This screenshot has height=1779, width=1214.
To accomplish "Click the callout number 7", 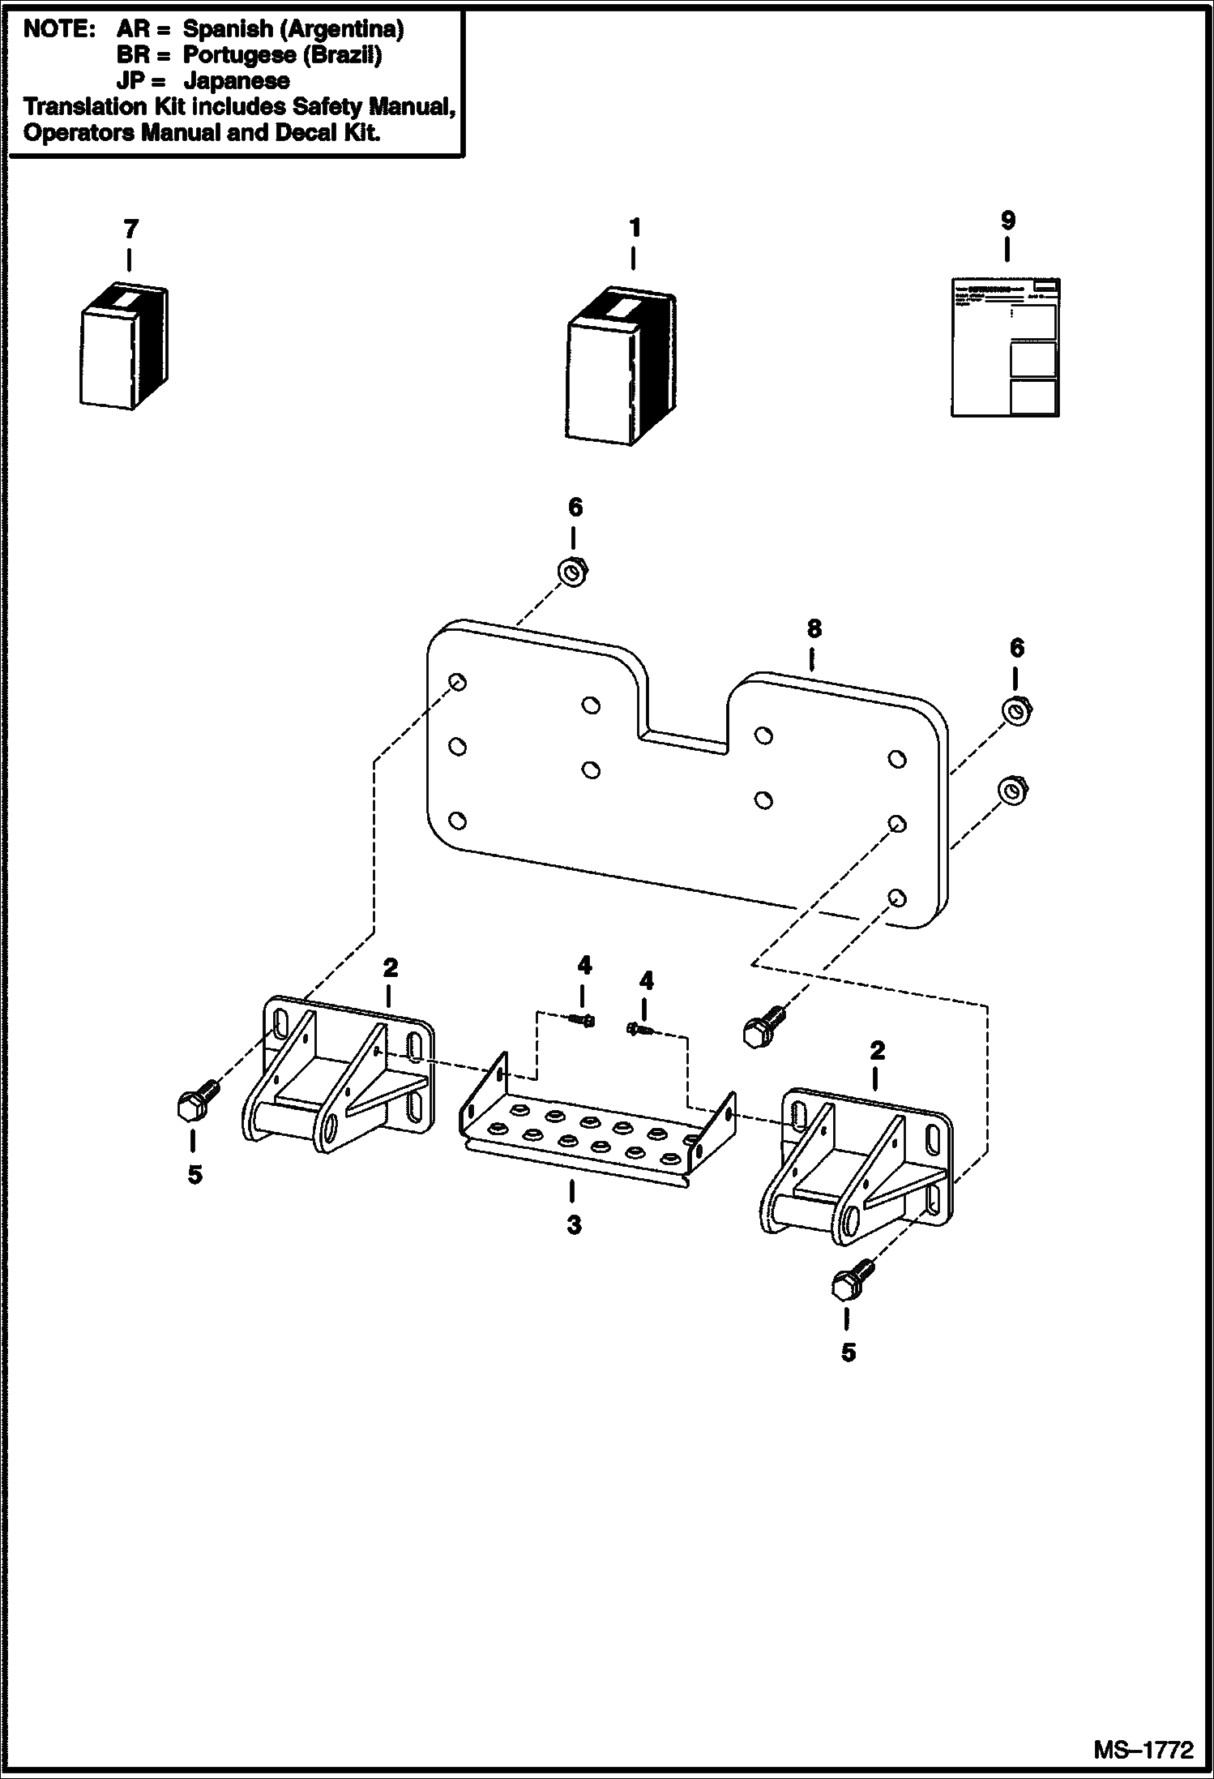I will pyautogui.click(x=130, y=229).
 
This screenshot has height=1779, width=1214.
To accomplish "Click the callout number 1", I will pyautogui.click(x=635, y=228).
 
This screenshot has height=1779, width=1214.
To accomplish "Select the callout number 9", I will pyautogui.click(x=1007, y=221).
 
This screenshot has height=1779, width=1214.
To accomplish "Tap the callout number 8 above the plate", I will pyautogui.click(x=814, y=628).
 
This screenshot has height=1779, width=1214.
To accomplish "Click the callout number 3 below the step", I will pyautogui.click(x=574, y=1224).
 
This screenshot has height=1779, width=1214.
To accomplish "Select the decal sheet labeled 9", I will pyautogui.click(x=1005, y=347).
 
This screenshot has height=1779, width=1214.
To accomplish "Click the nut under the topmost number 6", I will pyautogui.click(x=574, y=570).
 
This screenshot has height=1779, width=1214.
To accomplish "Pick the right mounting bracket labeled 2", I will pyautogui.click(x=855, y=1168).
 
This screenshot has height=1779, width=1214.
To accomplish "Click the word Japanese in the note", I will pyautogui.click(x=236, y=80).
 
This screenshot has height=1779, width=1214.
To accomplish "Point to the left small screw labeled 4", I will pyautogui.click(x=583, y=1020).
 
